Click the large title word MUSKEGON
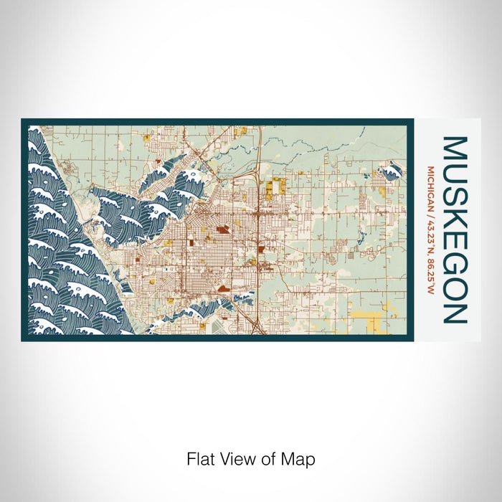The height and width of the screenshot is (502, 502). point(455,229)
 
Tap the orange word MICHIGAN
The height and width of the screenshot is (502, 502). point(430,188)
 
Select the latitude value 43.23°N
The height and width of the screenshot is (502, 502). point(430,232)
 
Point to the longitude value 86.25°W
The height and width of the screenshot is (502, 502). point(430,272)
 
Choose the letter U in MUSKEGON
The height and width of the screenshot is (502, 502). point(455,174)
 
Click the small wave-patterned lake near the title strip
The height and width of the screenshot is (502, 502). point(391,171)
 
